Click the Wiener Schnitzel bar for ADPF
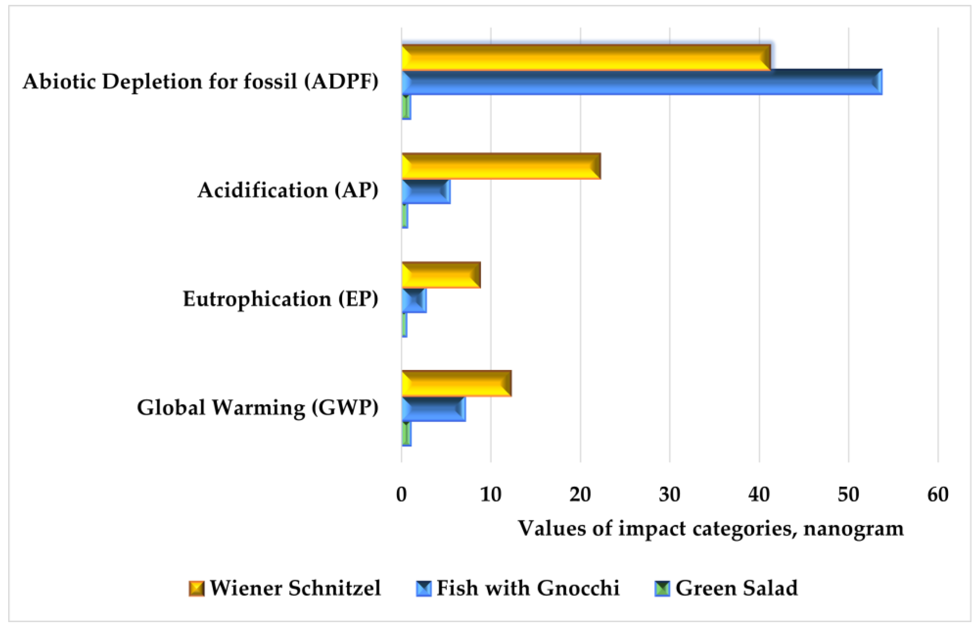coord(586,57)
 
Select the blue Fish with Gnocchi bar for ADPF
coord(641,82)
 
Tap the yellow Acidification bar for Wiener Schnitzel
coord(501,166)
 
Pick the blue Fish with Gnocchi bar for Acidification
coord(426,191)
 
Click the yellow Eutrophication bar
coord(441,275)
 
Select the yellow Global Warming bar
coord(457,384)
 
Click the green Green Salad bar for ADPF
coord(406,107)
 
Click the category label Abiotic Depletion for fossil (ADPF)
coord(201,81)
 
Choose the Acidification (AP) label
coord(288,190)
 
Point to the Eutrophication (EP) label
coord(280,299)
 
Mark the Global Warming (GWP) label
coord(258,408)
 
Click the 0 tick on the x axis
coord(401,494)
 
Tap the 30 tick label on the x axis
coord(670,494)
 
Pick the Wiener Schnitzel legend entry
coord(285,588)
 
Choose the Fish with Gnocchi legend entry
coord(518,588)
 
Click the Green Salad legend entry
coord(726,588)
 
